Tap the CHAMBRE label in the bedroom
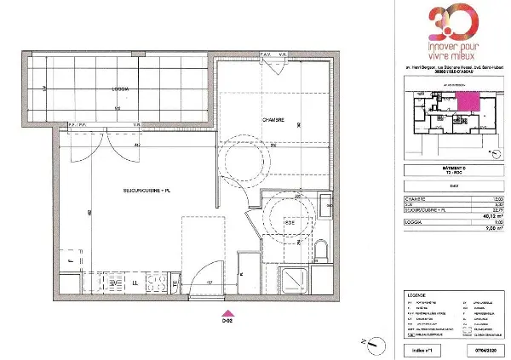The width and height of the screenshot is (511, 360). coord(249,120)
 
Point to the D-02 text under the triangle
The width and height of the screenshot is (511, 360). coord(227,321)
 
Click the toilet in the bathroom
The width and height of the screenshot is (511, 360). coord(321,251)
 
